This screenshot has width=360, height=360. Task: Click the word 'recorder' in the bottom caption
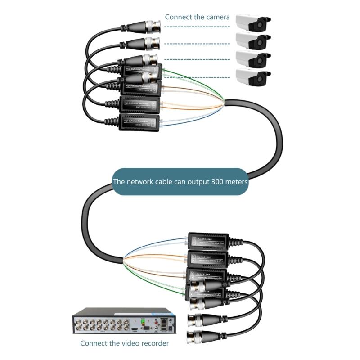pyautogui.click(x=153, y=343)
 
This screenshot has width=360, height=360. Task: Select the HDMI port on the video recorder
pyautogui.click(x=135, y=329)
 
